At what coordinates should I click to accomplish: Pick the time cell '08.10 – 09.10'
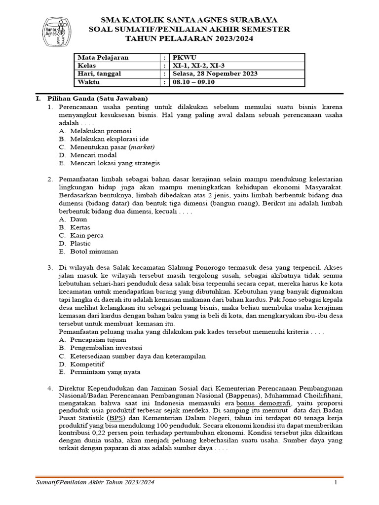tap(193, 82)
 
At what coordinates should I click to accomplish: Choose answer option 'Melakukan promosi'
tap(100, 131)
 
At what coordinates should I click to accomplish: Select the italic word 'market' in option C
tap(142, 147)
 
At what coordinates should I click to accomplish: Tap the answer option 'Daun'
tap(78, 219)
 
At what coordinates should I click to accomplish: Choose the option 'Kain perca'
tap(86, 235)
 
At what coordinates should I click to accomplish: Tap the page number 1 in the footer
tap(335, 482)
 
